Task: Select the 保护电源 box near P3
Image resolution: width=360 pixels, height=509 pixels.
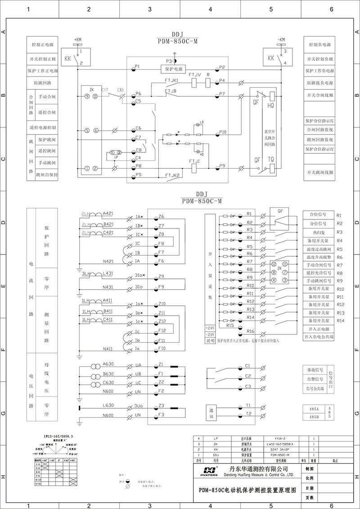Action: [176, 69]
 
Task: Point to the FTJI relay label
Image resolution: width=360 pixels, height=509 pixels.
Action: [194, 160]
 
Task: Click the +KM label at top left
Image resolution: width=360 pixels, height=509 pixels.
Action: [77, 40]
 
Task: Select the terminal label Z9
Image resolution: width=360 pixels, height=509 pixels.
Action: [162, 276]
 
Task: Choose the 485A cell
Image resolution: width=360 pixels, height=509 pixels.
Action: [313, 409]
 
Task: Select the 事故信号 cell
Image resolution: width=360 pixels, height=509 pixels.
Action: [315, 370]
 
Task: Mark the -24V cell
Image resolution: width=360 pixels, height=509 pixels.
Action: [210, 335]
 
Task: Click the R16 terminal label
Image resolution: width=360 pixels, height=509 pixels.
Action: [250, 331]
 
